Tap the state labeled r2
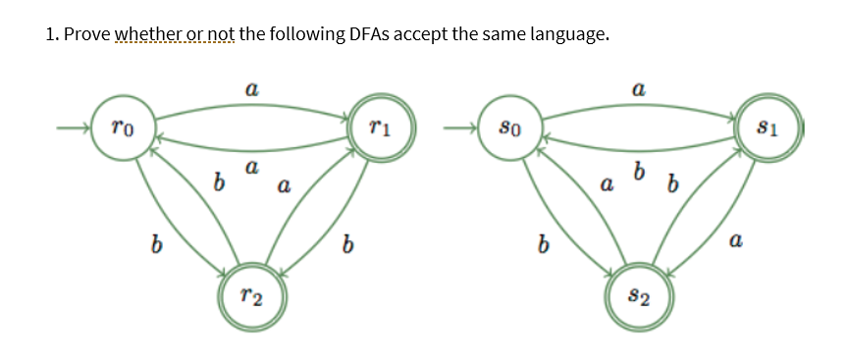click(x=249, y=294)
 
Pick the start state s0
click(x=509, y=128)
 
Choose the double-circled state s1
click(x=770, y=128)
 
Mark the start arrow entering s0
click(x=460, y=128)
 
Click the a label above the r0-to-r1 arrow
click(x=251, y=89)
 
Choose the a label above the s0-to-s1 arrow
click(x=639, y=89)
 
